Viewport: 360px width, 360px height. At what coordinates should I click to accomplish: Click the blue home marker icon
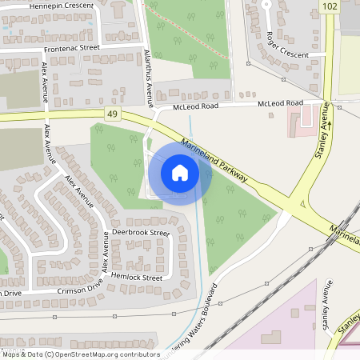[x=180, y=172]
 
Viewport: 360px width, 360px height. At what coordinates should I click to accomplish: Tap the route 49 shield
[x=110, y=115]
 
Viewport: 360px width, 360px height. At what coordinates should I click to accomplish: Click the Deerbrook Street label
[x=141, y=233]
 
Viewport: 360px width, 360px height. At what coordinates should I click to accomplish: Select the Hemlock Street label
[x=138, y=278]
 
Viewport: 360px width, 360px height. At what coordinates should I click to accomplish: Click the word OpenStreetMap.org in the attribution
[x=108, y=354]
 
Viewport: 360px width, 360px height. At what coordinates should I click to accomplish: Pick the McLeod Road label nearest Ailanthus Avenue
[x=196, y=106]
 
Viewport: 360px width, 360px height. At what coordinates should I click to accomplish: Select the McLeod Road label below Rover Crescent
[x=280, y=103]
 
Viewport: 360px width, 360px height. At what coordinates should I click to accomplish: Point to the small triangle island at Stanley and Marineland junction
[x=303, y=206]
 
